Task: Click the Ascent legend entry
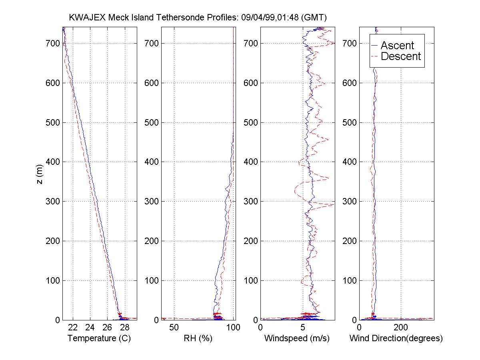pos(397,46)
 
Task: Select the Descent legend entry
pos(401,56)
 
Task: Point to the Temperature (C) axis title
pos(99,338)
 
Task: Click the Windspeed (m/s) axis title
pos(297,338)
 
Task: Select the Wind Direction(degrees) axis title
pos(396,338)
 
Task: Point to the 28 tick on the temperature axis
pos(124,328)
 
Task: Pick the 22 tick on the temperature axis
pos(73,328)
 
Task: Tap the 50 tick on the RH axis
pos(174,328)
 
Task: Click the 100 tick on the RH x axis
pos(233,328)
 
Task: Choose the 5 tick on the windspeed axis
pos(303,328)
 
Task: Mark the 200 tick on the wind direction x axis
pos(401,328)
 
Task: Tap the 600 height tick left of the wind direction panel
pos(350,83)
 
